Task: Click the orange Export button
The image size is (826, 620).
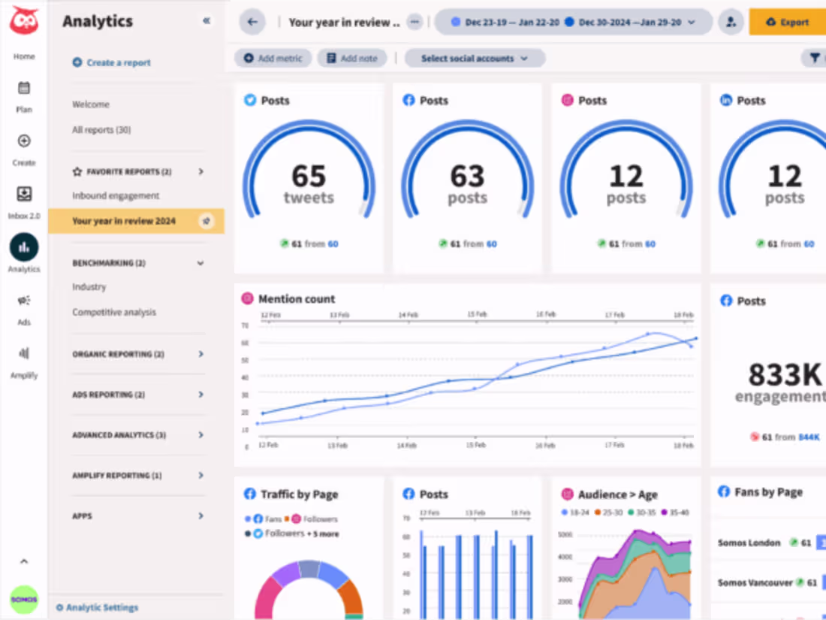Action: pyautogui.click(x=787, y=22)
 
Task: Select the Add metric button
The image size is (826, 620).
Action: pyautogui.click(x=273, y=58)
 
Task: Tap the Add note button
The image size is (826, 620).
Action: pyautogui.click(x=352, y=58)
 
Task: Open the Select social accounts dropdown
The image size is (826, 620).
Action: pyautogui.click(x=475, y=58)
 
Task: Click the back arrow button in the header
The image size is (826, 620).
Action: pyautogui.click(x=252, y=22)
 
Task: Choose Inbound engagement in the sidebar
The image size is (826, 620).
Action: pyautogui.click(x=116, y=195)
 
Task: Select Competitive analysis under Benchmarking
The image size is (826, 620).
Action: pyautogui.click(x=114, y=312)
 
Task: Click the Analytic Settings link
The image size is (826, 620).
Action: pyautogui.click(x=101, y=607)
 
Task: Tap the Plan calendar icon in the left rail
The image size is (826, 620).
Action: pyautogui.click(x=24, y=89)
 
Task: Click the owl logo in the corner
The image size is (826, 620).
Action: pyautogui.click(x=23, y=20)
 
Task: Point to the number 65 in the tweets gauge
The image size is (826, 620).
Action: pyautogui.click(x=309, y=177)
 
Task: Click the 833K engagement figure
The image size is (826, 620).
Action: pyautogui.click(x=781, y=374)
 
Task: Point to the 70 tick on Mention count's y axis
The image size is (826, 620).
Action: pyautogui.click(x=245, y=325)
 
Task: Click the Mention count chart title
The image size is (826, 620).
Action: pyautogui.click(x=297, y=299)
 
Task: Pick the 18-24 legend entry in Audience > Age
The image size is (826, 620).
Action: pyautogui.click(x=577, y=513)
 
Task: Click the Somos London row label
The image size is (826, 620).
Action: pyautogui.click(x=749, y=543)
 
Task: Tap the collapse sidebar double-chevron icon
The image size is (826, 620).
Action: pyautogui.click(x=206, y=21)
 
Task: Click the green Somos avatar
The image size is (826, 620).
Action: pyautogui.click(x=24, y=599)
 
